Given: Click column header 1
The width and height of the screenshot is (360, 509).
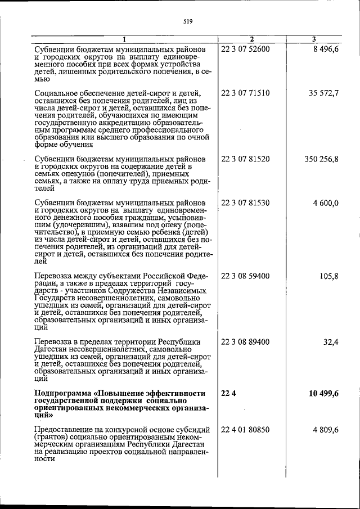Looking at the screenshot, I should tap(124, 39).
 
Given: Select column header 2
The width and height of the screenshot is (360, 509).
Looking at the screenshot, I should tap(251, 39).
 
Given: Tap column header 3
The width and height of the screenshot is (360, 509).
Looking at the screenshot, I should tap(314, 39).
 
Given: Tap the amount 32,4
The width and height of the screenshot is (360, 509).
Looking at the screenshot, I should tap(330, 342).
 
